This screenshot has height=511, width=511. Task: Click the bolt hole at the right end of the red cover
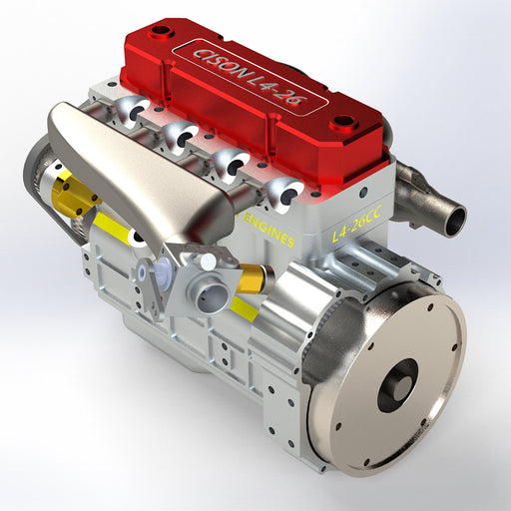point(344,124)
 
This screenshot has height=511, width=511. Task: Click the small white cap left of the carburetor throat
point(150,268)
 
